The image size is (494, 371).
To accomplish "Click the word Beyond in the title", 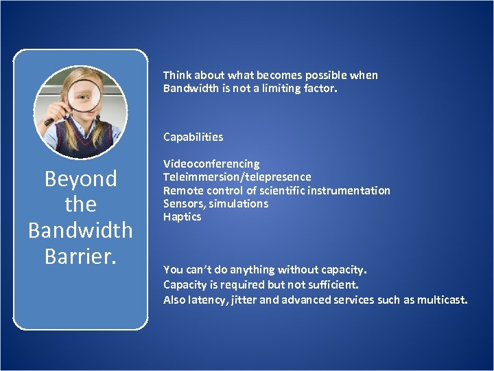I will (x=80, y=179).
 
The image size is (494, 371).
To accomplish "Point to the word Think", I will (x=177, y=75).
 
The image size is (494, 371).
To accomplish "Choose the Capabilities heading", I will (x=193, y=137).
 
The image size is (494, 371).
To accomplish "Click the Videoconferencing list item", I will (x=211, y=164).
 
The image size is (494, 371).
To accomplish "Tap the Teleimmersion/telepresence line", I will (x=237, y=177).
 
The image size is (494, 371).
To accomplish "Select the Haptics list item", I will (x=182, y=216).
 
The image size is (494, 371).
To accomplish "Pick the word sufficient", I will (x=332, y=283).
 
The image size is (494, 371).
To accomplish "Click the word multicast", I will (x=442, y=300).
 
